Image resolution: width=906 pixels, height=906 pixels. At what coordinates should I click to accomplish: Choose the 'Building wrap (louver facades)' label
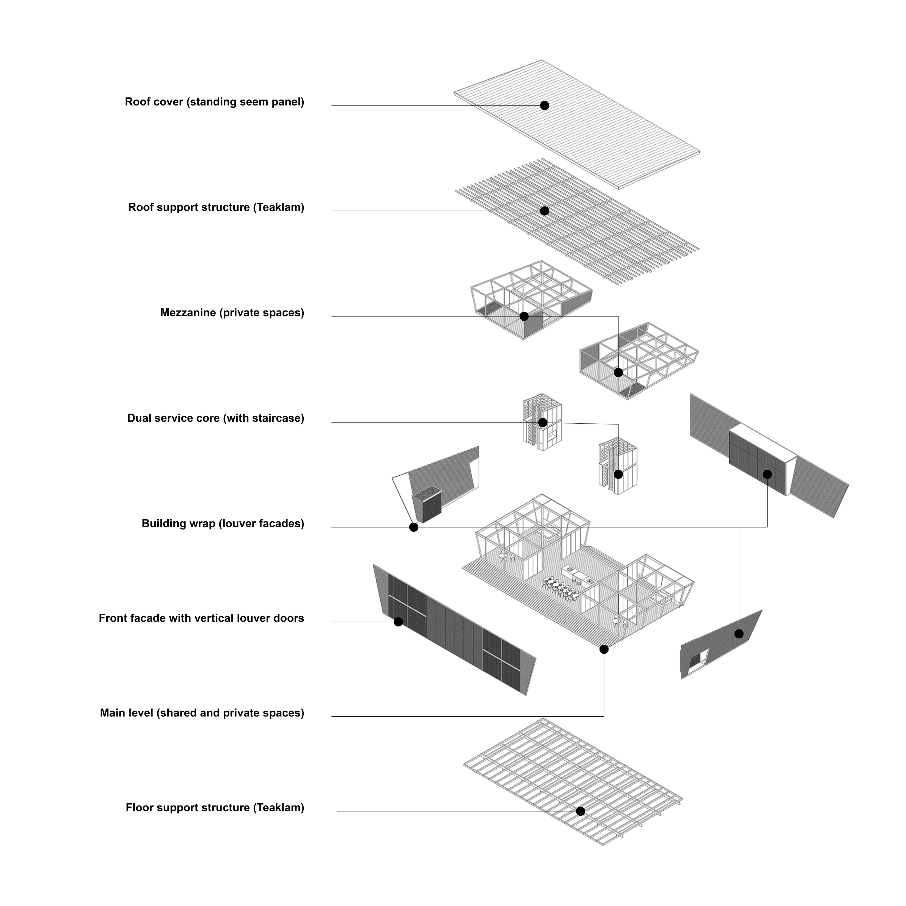tap(223, 524)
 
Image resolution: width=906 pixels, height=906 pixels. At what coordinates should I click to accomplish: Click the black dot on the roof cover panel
tap(545, 105)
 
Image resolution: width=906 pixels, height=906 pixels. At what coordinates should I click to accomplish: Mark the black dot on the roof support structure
tap(545, 211)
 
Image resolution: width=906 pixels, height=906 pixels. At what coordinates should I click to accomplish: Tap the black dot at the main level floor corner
tap(604, 650)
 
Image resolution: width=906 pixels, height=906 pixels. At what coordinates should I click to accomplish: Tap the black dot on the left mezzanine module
tap(524, 317)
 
